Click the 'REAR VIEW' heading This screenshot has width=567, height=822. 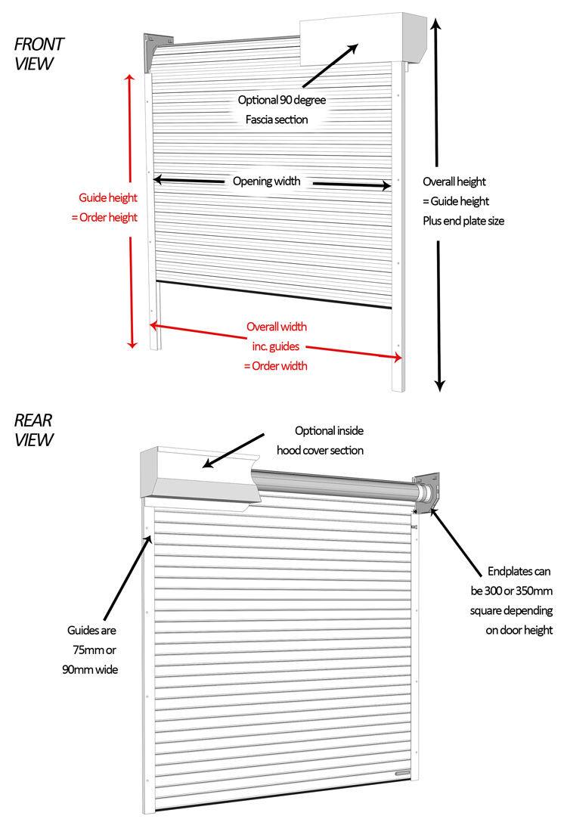34,430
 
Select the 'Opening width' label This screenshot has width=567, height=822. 266,181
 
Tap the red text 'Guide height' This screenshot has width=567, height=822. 108,198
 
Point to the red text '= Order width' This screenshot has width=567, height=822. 275,365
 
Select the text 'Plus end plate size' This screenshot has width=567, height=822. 463,222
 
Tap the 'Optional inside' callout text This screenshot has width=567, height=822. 329,431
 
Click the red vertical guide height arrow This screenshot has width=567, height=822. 131,212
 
